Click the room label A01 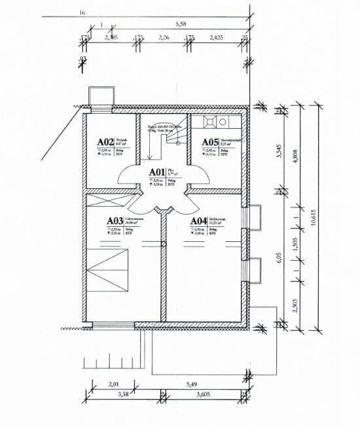[x=158, y=173]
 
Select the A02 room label [x=105, y=141]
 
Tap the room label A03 [x=115, y=220]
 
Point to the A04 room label [x=198, y=220]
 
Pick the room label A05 [x=209, y=141]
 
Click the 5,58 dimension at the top [x=181, y=24]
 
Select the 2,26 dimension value [x=164, y=38]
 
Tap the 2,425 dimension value [x=216, y=38]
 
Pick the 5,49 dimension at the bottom [x=191, y=386]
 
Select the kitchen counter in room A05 [x=216, y=122]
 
